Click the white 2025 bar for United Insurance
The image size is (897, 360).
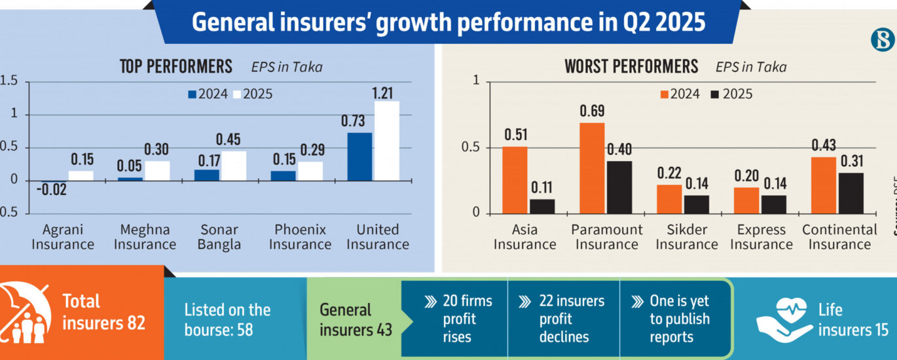tap(386, 141)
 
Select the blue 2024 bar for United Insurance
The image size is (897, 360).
tap(360, 156)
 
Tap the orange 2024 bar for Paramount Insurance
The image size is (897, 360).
tap(592, 168)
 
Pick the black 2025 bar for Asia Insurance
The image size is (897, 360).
tap(541, 206)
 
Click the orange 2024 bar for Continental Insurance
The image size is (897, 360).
tap(823, 185)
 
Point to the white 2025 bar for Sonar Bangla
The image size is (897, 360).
tap(234, 166)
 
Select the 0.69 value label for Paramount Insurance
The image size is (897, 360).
tap(592, 111)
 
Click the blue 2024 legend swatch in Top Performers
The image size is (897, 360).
tap(192, 94)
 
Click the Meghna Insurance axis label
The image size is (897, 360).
tap(145, 237)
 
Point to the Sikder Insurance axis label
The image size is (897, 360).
tap(687, 237)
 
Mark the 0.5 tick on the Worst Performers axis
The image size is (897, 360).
tap(472, 148)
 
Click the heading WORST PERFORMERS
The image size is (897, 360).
tap(631, 66)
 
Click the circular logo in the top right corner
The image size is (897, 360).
tap(882, 40)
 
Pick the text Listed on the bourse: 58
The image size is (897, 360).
tap(227, 320)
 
